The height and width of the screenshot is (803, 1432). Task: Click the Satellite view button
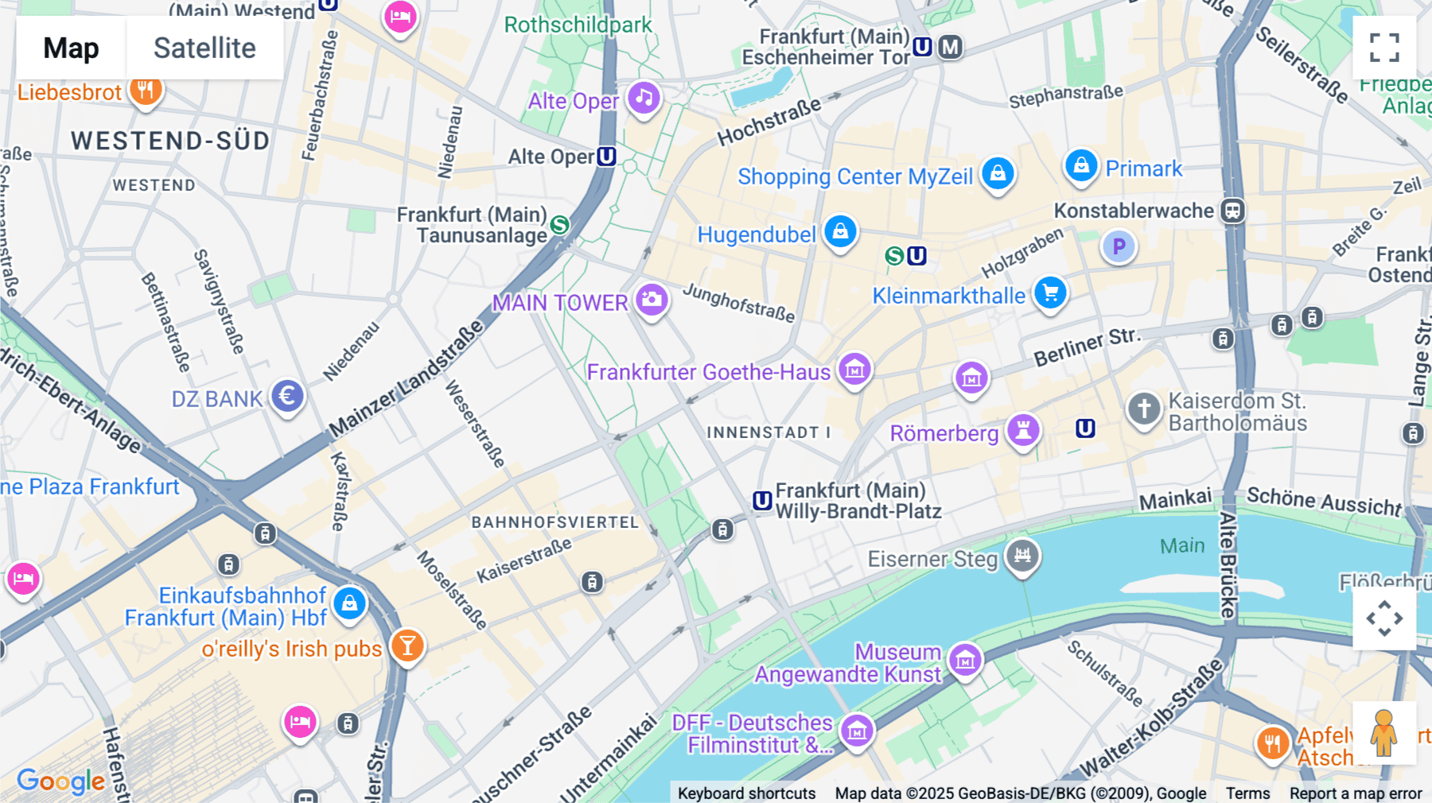tap(204, 48)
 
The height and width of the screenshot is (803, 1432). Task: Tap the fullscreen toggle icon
tap(1383, 48)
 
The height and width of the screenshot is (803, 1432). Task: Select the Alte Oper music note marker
tap(644, 99)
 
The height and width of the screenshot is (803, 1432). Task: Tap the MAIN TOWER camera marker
tap(652, 301)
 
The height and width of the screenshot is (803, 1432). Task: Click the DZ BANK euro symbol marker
tap(287, 396)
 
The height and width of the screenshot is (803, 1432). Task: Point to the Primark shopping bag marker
tap(1081, 166)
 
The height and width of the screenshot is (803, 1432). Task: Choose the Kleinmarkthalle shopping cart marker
tap(1050, 293)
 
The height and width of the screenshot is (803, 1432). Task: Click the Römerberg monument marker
tap(1023, 431)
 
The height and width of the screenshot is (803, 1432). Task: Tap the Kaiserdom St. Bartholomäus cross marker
tap(1144, 409)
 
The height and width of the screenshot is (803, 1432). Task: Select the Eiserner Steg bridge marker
tap(1022, 556)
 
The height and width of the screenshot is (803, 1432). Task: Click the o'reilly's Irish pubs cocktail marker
tap(407, 646)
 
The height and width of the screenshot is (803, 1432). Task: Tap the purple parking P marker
tap(1119, 246)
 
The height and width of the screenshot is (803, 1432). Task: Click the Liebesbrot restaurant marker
tap(145, 91)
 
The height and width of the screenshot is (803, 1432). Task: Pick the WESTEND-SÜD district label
tap(170, 141)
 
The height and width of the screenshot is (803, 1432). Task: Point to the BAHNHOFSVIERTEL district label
tap(555, 522)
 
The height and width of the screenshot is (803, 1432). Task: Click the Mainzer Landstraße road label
tap(407, 378)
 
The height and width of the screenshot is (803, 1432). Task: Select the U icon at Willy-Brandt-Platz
tap(762, 501)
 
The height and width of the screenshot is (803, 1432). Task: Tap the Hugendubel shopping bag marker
tap(840, 231)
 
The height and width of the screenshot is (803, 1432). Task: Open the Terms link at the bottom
tap(1247, 793)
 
